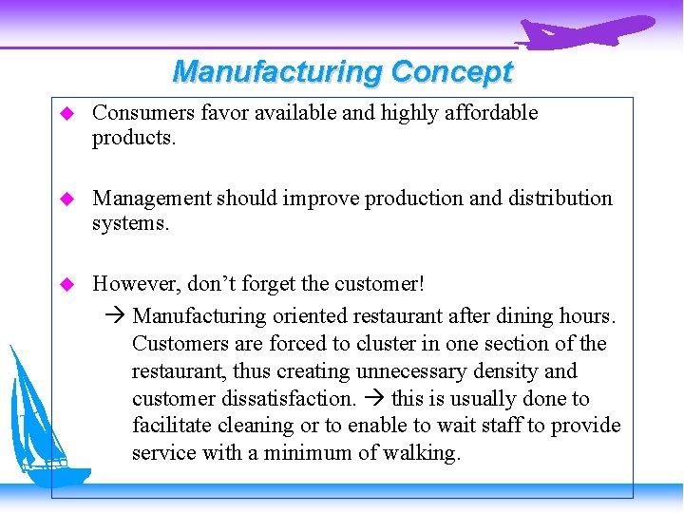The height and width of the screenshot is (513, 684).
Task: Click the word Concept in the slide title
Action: pyautogui.click(x=451, y=71)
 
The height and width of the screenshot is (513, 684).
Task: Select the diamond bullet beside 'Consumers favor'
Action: pyautogui.click(x=66, y=114)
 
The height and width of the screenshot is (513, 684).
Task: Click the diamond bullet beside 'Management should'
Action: pyautogui.click(x=66, y=199)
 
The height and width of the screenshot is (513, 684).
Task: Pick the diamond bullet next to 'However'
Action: pyautogui.click(x=66, y=284)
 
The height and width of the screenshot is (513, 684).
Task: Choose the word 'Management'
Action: pyautogui.click(x=152, y=198)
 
